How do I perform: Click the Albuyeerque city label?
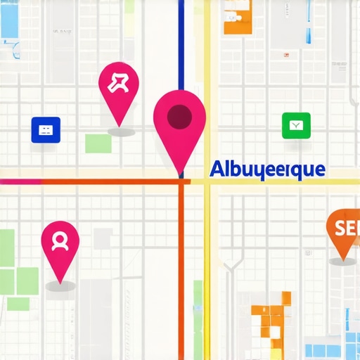(x=267, y=169)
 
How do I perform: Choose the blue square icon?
(x=46, y=129)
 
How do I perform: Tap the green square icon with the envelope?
(x=295, y=126)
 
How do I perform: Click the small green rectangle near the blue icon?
(x=98, y=143)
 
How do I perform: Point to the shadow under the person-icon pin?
(x=60, y=286)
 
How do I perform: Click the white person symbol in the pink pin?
(x=60, y=241)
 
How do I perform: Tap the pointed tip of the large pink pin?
(x=181, y=172)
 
